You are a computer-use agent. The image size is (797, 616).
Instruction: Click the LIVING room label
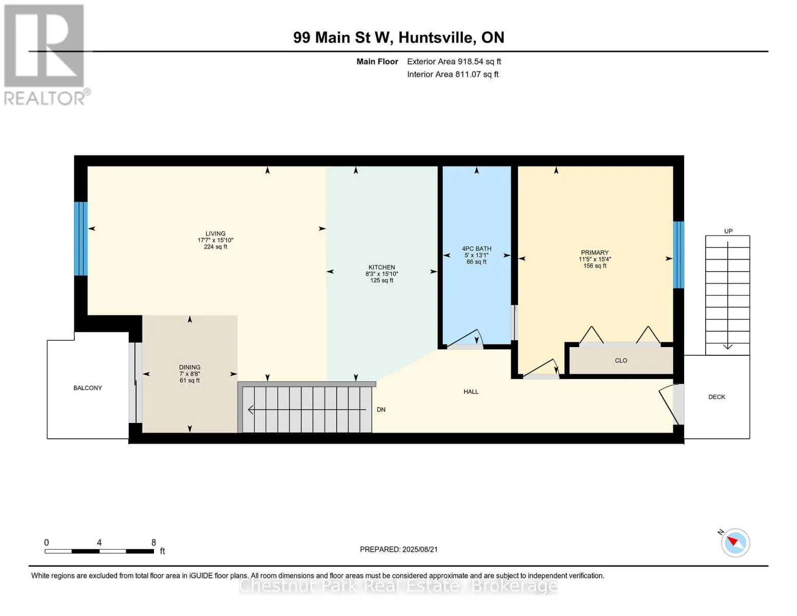(216, 234)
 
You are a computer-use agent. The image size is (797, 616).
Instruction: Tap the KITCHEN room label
(381, 267)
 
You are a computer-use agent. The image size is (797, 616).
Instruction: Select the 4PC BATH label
(476, 249)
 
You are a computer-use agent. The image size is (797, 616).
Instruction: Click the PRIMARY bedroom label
(595, 253)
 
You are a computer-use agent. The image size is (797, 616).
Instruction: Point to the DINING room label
(189, 368)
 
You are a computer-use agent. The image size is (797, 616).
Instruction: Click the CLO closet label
(621, 361)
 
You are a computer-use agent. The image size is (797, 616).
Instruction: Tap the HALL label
(471, 392)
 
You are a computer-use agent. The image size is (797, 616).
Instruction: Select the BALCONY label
(88, 388)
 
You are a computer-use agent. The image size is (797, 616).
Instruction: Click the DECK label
(716, 397)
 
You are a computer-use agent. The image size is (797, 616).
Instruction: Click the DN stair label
(381, 410)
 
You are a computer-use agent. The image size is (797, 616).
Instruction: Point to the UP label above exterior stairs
(728, 231)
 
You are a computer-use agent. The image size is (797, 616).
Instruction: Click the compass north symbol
(735, 543)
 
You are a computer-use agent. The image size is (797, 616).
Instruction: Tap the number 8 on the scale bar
(153, 543)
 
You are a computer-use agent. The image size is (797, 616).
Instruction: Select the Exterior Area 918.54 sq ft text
(454, 62)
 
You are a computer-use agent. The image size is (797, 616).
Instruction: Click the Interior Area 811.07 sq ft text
(453, 74)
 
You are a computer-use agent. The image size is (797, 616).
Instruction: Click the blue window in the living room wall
(81, 239)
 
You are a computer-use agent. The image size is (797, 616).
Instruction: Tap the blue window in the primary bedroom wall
(678, 255)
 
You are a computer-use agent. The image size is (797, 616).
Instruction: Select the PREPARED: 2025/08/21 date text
(399, 549)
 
